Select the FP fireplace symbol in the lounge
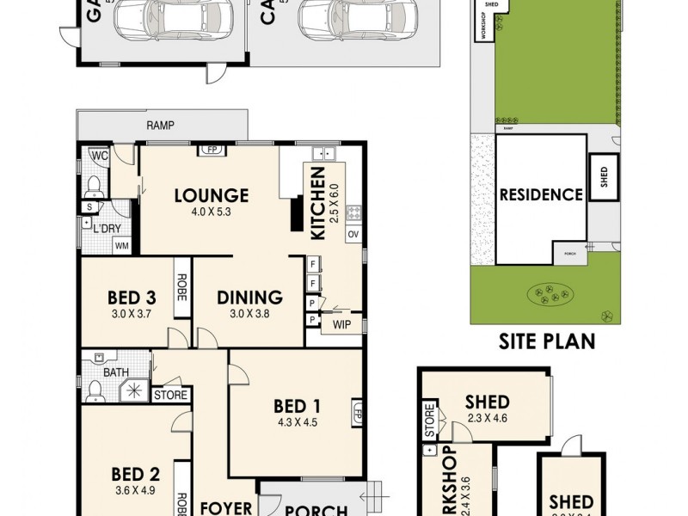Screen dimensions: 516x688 (212, 150)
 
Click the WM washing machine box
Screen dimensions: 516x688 (123, 246)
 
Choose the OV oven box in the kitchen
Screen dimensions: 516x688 (353, 234)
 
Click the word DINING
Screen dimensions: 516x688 (249, 298)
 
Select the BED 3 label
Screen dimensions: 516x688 (132, 298)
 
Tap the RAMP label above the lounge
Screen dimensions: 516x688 (160, 126)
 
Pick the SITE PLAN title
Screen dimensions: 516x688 (547, 341)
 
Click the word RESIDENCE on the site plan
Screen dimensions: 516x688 (541, 194)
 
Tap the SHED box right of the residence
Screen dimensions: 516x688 (604, 177)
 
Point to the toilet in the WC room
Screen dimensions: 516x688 (95, 185)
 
